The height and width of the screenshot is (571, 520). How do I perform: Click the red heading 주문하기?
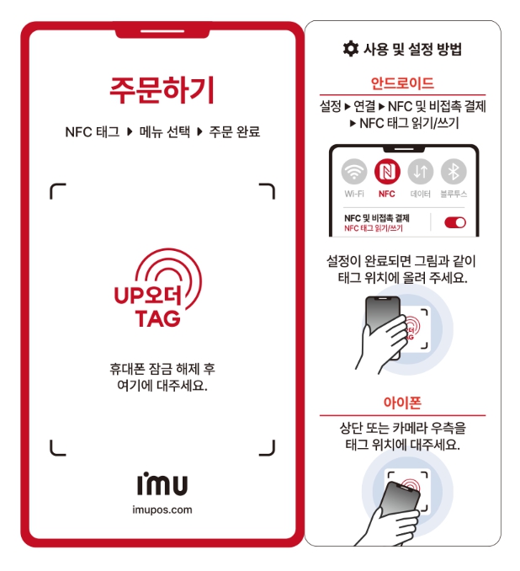click(162, 90)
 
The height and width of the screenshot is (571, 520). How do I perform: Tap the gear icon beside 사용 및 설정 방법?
click(350, 49)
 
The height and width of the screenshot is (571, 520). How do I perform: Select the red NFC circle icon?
click(387, 172)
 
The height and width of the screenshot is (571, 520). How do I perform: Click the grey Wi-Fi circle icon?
click(354, 172)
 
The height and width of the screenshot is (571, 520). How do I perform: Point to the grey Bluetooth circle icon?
click(454, 172)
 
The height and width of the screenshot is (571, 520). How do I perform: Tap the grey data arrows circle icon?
click(421, 172)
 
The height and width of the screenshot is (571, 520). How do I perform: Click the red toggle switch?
click(455, 222)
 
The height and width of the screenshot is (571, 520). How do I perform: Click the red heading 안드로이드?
click(402, 83)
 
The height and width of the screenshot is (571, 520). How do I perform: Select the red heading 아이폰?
click(402, 403)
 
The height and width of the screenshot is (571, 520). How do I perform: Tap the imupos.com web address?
click(162, 510)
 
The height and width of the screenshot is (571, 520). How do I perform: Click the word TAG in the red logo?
click(158, 318)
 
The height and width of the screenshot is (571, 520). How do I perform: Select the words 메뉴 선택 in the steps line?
click(164, 131)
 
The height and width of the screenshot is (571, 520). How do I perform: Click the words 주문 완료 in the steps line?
click(235, 131)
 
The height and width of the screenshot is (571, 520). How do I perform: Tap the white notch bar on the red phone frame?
click(162, 32)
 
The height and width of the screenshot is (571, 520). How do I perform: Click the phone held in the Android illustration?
click(382, 323)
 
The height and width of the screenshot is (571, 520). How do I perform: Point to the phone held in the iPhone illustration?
click(399, 503)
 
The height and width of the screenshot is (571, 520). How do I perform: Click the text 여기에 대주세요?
click(162, 385)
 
